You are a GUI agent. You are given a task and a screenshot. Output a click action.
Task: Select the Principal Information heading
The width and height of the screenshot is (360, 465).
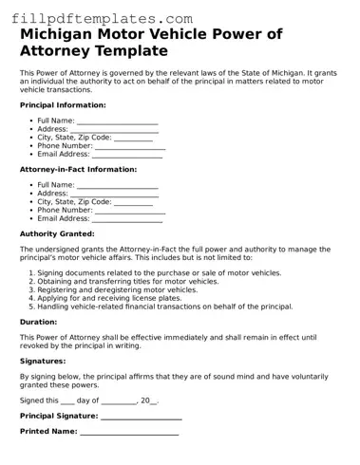(x=63, y=105)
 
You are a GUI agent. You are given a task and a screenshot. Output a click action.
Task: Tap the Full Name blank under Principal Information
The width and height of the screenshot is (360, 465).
(x=117, y=121)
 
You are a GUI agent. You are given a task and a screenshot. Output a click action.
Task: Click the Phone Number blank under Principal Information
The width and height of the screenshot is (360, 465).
(x=130, y=146)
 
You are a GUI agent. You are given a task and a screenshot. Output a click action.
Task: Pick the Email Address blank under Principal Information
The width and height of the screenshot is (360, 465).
(x=127, y=155)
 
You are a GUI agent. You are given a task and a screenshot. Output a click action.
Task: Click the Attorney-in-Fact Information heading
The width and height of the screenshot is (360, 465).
(x=78, y=169)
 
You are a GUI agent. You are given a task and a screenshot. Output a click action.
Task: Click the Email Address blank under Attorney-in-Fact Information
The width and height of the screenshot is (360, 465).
(x=127, y=218)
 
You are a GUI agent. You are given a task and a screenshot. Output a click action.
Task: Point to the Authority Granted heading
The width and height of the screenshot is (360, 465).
(x=57, y=233)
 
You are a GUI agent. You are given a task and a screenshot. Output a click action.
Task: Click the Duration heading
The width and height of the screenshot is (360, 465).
(x=39, y=322)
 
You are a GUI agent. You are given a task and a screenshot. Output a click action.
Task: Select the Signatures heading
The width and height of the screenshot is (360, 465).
(x=43, y=361)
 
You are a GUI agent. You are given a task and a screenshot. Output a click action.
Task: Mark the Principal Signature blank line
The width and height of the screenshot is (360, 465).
(x=141, y=417)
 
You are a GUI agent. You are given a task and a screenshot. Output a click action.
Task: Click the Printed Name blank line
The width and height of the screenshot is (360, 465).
(x=129, y=432)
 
